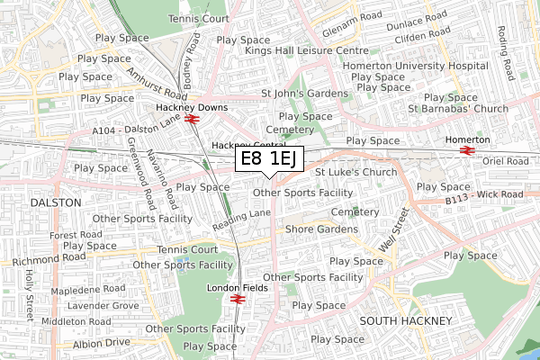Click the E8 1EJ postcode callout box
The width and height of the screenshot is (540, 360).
pyautogui.click(x=271, y=159)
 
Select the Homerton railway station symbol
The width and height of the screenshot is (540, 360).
pyautogui.click(x=467, y=150)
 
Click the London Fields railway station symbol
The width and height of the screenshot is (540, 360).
pyautogui.click(x=238, y=299)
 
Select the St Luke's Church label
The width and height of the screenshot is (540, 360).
pyautogui.click(x=355, y=172)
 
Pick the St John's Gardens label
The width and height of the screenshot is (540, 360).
pyautogui.click(x=304, y=93)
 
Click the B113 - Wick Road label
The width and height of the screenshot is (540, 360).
pyautogui.click(x=485, y=194)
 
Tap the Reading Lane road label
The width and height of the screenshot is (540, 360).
pyautogui.click(x=242, y=219)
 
